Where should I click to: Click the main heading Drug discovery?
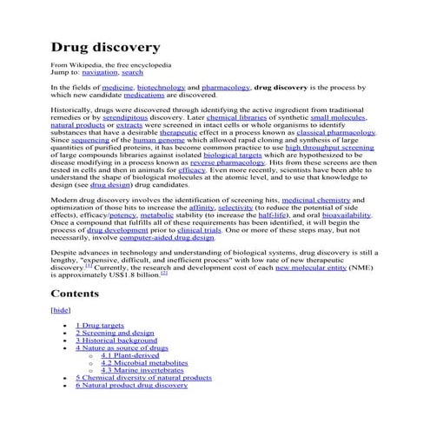click(104, 46)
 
